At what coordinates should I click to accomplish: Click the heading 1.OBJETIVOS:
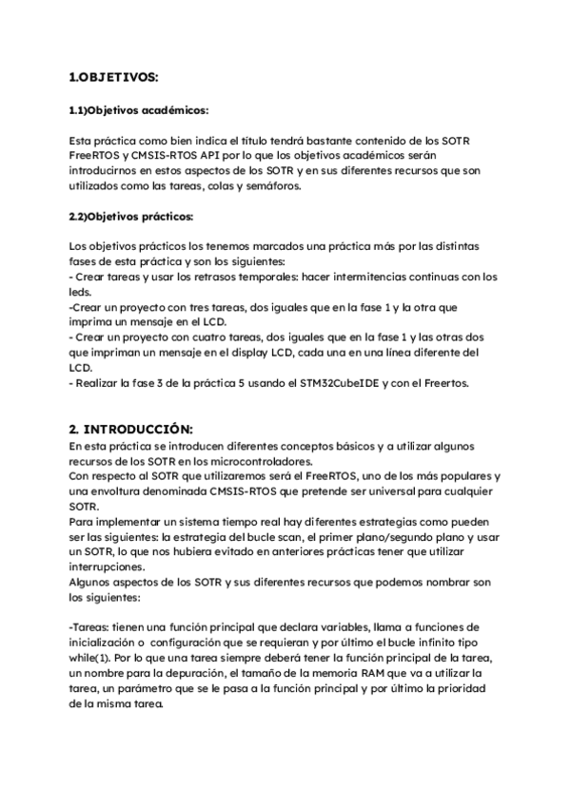(114, 76)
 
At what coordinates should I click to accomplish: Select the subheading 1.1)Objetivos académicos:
(140, 110)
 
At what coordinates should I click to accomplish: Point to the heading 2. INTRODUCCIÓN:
(137, 430)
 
